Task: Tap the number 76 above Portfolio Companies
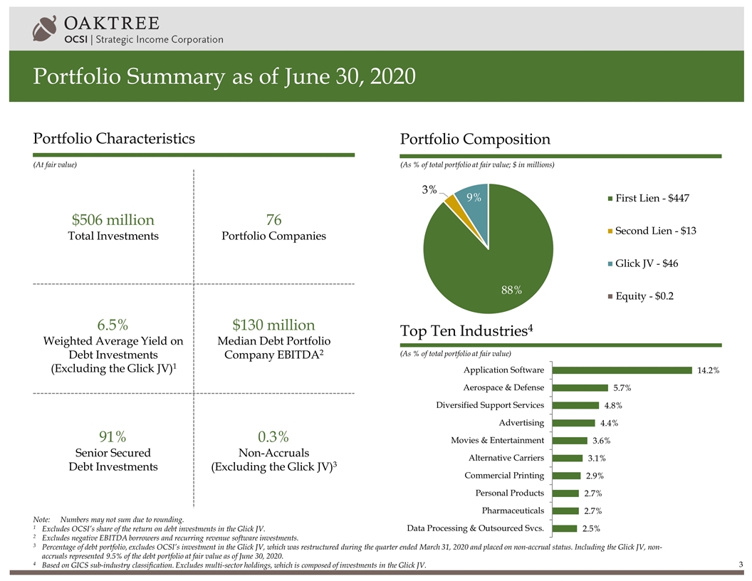click(x=274, y=219)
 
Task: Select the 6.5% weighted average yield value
click(x=113, y=325)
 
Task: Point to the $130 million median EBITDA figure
click(x=274, y=325)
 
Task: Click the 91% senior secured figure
click(x=113, y=436)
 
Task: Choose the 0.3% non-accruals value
click(x=274, y=436)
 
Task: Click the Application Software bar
click(x=622, y=370)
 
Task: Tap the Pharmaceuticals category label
click(x=513, y=511)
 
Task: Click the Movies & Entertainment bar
click(x=570, y=440)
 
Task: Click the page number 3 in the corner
click(x=741, y=565)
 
